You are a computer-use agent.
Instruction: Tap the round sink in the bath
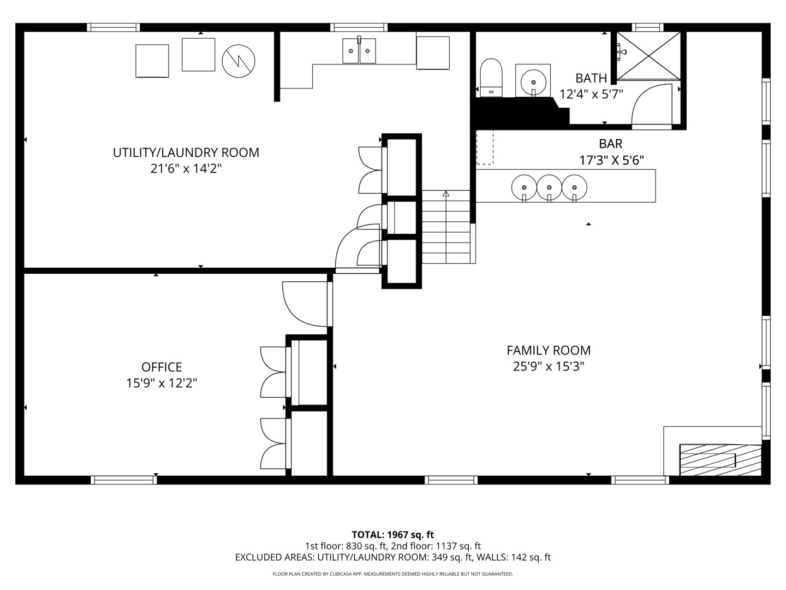point(533,80)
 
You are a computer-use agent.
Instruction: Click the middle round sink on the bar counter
point(549,187)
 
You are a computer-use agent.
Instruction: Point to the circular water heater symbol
point(239,60)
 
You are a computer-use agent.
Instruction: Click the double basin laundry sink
point(359,51)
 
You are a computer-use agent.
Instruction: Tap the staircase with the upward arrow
point(446,227)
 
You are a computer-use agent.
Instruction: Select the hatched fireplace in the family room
point(719,459)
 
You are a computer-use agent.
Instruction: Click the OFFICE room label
point(162,367)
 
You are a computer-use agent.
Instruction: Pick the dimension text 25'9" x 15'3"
point(549,367)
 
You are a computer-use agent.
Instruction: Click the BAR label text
point(611,144)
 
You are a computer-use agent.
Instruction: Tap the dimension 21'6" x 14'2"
point(186,169)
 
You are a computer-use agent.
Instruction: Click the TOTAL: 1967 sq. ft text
point(392,535)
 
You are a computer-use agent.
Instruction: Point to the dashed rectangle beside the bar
point(485,147)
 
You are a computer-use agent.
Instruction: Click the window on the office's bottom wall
point(124,480)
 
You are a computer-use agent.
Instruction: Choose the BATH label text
point(591,78)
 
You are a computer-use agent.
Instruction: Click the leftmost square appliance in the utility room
point(152,61)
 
